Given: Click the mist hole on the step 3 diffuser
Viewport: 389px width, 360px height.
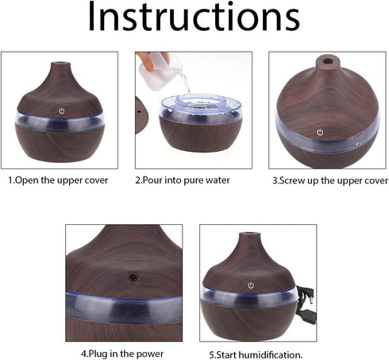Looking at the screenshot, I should pyautogui.click(x=325, y=60).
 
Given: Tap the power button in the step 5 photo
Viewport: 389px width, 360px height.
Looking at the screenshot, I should pyautogui.click(x=251, y=284).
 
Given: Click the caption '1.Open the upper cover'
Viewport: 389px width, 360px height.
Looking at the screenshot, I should pyautogui.click(x=59, y=180).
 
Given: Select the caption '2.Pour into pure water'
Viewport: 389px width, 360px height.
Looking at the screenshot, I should pyautogui.click(x=183, y=180).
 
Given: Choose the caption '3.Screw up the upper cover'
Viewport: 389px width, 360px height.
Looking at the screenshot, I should pyautogui.click(x=329, y=180).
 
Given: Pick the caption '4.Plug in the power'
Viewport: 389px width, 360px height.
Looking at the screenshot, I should pyautogui.click(x=122, y=353).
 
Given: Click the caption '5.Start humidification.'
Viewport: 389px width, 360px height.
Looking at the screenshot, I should pyautogui.click(x=256, y=354).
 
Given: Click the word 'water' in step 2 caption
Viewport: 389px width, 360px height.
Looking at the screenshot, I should pyautogui.click(x=216, y=180).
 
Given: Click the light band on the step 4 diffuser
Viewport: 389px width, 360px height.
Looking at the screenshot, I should pyautogui.click(x=123, y=306).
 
